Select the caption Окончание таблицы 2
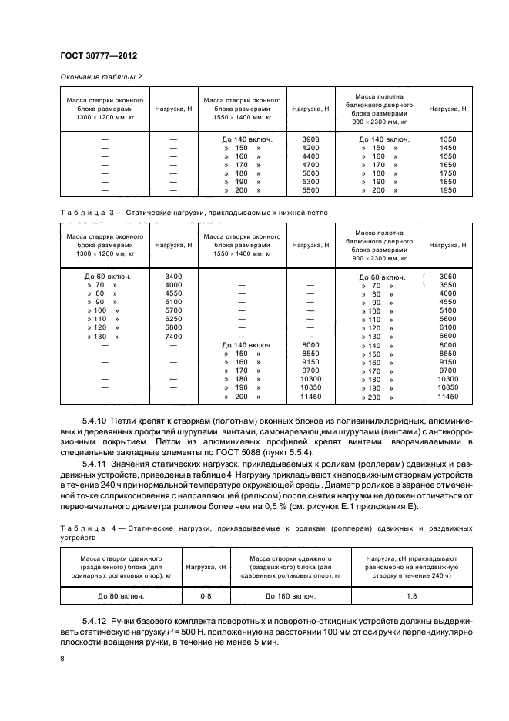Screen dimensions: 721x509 click(x=101, y=76)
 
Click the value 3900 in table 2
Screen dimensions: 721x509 click(x=310, y=139)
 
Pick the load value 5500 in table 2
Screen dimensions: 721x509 click(x=310, y=189)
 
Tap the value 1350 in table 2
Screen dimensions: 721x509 click(x=447, y=139)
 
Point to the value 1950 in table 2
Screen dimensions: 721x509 click(x=447, y=189)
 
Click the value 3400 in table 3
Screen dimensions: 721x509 click(x=173, y=275)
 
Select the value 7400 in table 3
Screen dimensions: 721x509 click(x=173, y=337)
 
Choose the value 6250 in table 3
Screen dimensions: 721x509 click(x=173, y=319)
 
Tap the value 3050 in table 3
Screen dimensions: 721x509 click(x=447, y=275)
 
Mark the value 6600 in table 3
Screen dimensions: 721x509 click(x=447, y=337)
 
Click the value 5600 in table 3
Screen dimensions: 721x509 click(x=447, y=319)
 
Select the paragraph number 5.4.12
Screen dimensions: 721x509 click(x=95, y=619)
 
